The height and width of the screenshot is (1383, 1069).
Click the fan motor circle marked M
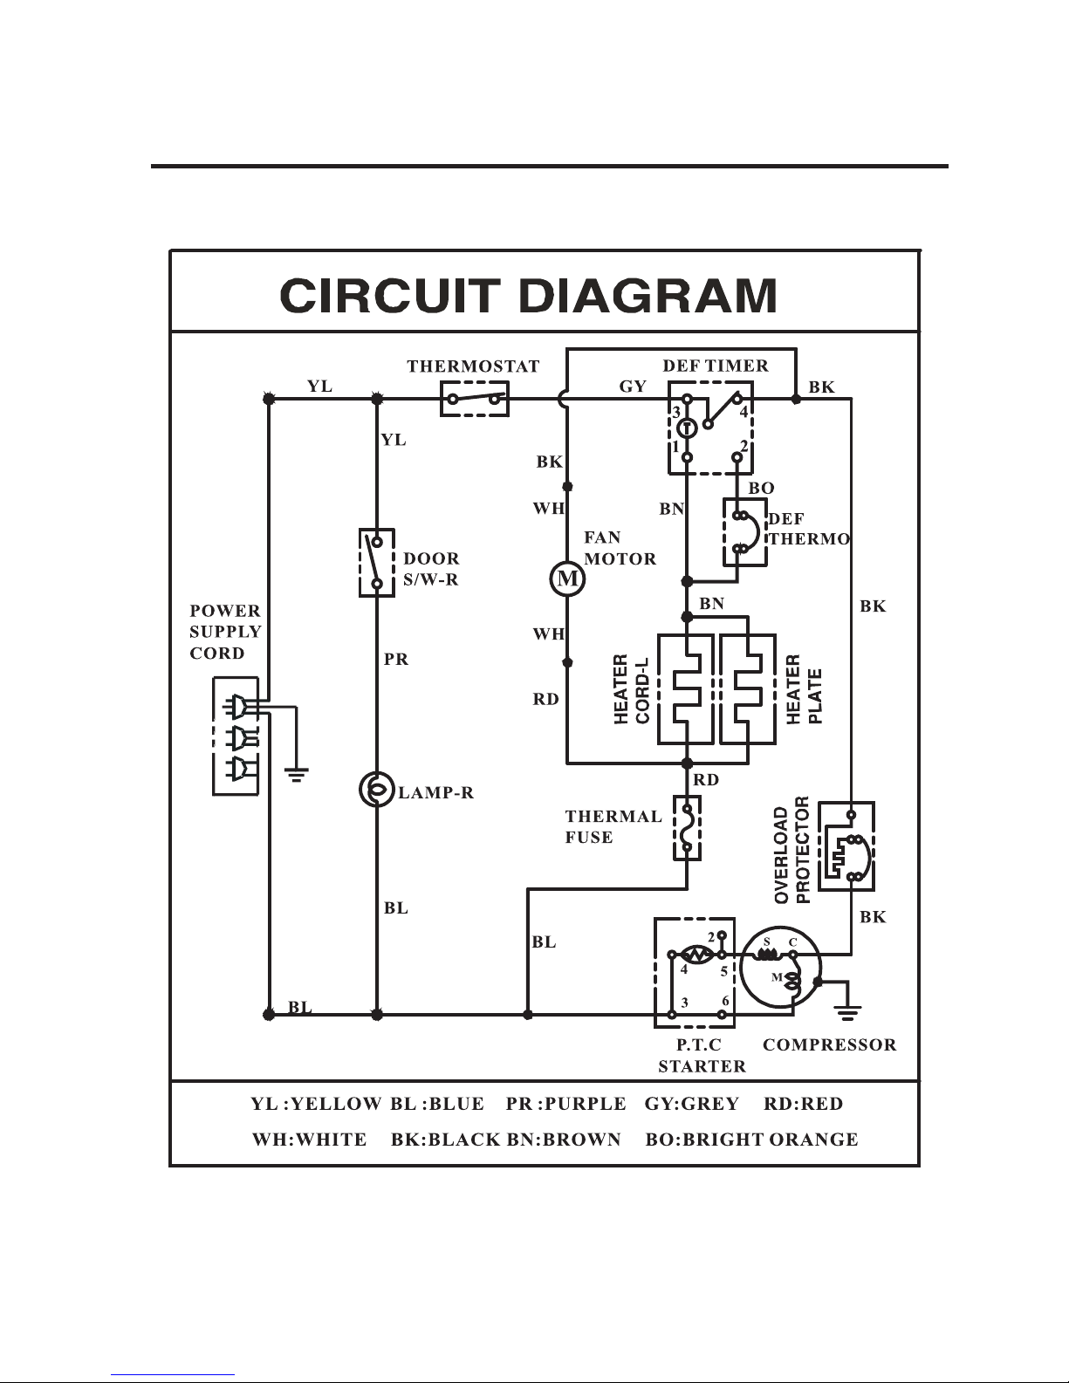tap(567, 579)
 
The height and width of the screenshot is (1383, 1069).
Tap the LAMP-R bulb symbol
tap(377, 789)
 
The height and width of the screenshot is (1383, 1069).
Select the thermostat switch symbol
tap(475, 399)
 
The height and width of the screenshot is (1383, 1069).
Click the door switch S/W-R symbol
tap(377, 563)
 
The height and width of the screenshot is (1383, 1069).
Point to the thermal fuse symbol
tap(688, 827)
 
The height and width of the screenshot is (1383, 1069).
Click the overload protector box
tap(846, 846)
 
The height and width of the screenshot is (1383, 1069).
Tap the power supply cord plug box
tap(236, 736)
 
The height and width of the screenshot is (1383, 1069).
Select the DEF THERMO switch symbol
tap(744, 532)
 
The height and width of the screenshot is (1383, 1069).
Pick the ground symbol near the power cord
tap(297, 774)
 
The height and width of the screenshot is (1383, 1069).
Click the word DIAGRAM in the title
tap(648, 295)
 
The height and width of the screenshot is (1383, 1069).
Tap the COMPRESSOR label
tap(830, 1044)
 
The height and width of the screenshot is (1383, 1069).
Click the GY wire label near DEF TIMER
tap(633, 387)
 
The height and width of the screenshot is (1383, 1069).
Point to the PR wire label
tap(396, 659)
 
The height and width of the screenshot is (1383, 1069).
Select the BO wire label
tap(761, 488)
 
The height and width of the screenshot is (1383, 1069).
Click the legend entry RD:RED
tap(803, 1103)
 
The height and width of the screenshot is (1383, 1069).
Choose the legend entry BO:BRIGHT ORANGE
tap(751, 1139)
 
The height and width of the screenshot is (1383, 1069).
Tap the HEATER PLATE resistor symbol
tap(748, 689)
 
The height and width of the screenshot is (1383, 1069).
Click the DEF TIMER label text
tap(716, 366)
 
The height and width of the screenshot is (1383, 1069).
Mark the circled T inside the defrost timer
tap(687, 429)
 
